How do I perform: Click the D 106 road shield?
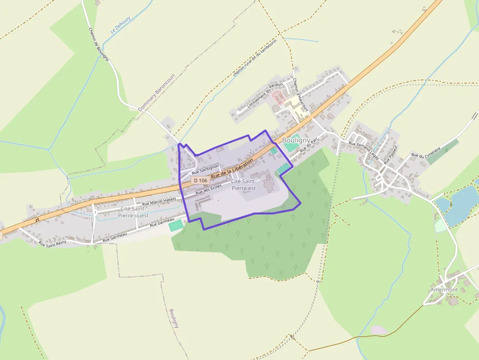(x=200, y=180)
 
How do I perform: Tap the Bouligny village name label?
(x=296, y=140)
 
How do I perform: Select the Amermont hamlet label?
(x=444, y=290)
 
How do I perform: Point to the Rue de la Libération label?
(x=232, y=168)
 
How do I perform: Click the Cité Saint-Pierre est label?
(x=243, y=185)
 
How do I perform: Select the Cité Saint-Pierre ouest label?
(x=133, y=212)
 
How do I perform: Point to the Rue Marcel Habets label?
(x=159, y=202)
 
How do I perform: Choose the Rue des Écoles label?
(x=209, y=190)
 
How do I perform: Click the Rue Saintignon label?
(x=205, y=169)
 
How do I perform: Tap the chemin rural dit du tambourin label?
(x=255, y=58)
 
